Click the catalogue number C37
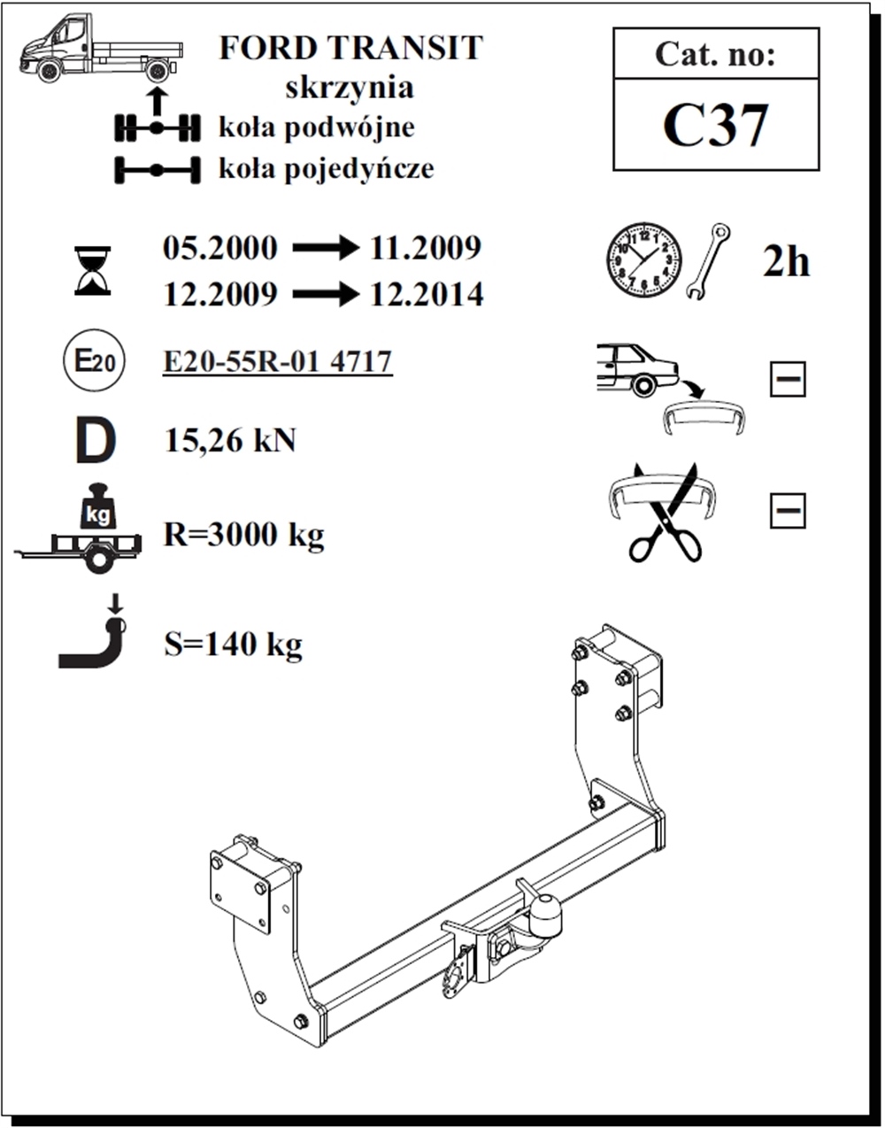tap(715, 126)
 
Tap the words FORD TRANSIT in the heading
tap(351, 48)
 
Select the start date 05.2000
tap(220, 248)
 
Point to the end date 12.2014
tap(427, 294)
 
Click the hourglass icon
tap(93, 271)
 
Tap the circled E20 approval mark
tap(94, 360)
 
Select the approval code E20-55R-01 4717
tap(278, 361)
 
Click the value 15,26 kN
tap(230, 441)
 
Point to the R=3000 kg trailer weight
tap(243, 535)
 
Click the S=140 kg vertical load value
tap(233, 645)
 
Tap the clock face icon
tap(643, 260)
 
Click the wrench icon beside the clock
tap(708, 261)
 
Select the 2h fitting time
tap(786, 262)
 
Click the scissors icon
tap(665, 513)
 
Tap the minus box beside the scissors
tap(788, 511)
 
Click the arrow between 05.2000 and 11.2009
tap(326, 248)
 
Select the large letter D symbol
tap(96, 441)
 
